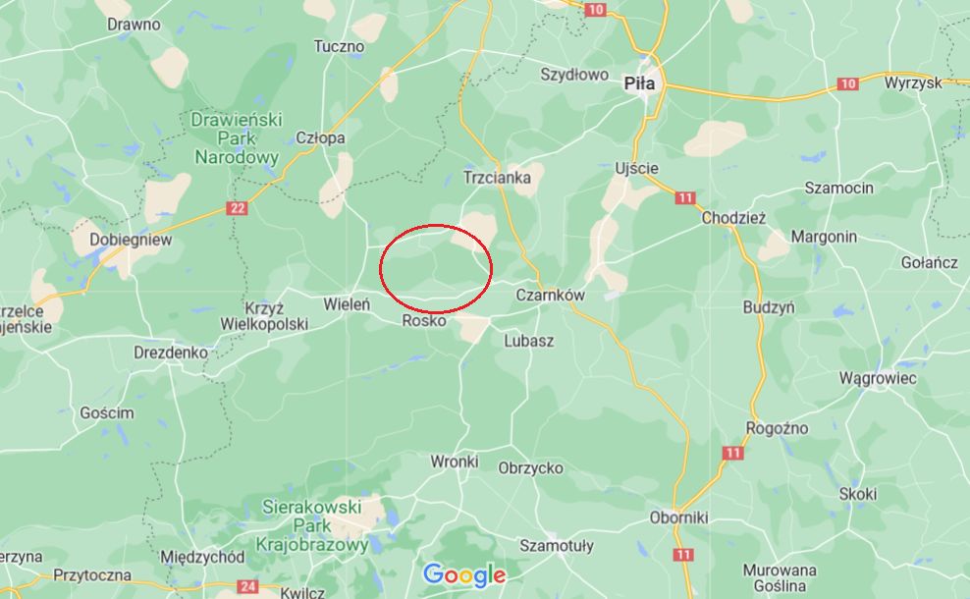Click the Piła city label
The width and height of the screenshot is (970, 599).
639,83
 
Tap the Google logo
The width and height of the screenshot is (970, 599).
464,574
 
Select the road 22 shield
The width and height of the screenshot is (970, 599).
237,208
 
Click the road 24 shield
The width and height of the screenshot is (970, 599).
247,586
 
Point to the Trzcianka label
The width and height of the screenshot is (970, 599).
497,178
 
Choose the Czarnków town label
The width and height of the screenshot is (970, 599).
550,295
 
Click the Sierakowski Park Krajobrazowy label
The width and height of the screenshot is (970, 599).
312,525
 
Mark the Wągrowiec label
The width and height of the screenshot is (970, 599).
878,378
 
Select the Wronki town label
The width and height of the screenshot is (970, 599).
455,461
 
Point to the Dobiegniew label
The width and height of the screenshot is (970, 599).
131,239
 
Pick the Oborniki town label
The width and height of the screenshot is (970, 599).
678,517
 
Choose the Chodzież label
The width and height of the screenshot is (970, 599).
733,219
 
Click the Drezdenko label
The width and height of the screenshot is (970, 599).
171,351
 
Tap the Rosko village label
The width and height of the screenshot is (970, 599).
424,321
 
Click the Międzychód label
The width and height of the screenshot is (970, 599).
202,557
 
